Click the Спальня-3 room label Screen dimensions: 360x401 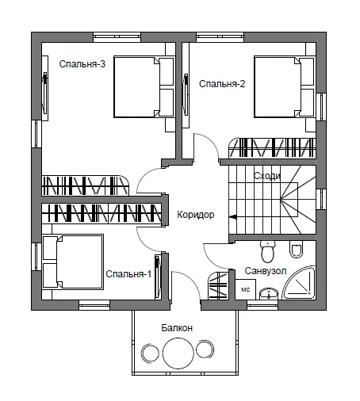click(x=82, y=64)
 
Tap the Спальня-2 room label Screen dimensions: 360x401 click(x=222, y=84)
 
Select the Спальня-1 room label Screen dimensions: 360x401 click(x=128, y=274)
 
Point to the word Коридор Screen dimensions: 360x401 click(x=196, y=215)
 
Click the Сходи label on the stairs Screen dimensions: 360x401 click(x=267, y=176)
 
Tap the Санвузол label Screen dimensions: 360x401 click(x=266, y=271)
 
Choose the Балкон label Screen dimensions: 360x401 click(x=177, y=328)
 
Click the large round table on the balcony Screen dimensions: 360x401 click(x=178, y=353)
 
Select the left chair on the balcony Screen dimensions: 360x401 click(x=150, y=353)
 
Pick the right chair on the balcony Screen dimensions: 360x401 click(x=205, y=349)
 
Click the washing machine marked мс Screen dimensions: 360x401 click(x=246, y=289)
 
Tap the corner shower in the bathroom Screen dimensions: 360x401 click(x=299, y=282)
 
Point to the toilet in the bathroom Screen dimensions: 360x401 click(x=268, y=251)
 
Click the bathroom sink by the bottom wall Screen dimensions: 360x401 click(x=269, y=294)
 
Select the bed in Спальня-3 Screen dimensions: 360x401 click(x=144, y=86)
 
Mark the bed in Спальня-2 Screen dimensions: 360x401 click(x=285, y=86)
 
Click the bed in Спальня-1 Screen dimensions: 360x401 click(x=73, y=262)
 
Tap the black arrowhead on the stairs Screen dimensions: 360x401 click(x=232, y=217)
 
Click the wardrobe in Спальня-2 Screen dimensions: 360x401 click(x=272, y=148)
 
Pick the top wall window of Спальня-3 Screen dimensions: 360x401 click(x=117, y=37)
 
